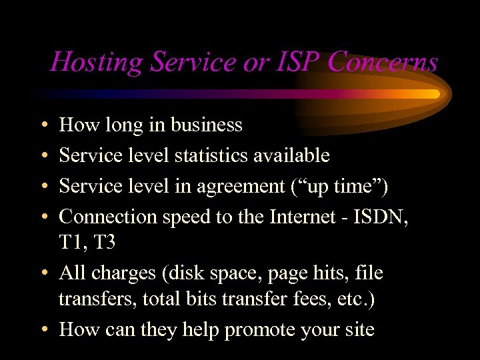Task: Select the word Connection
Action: point(111,217)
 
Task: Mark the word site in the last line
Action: point(357,329)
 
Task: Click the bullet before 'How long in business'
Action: point(43,125)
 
